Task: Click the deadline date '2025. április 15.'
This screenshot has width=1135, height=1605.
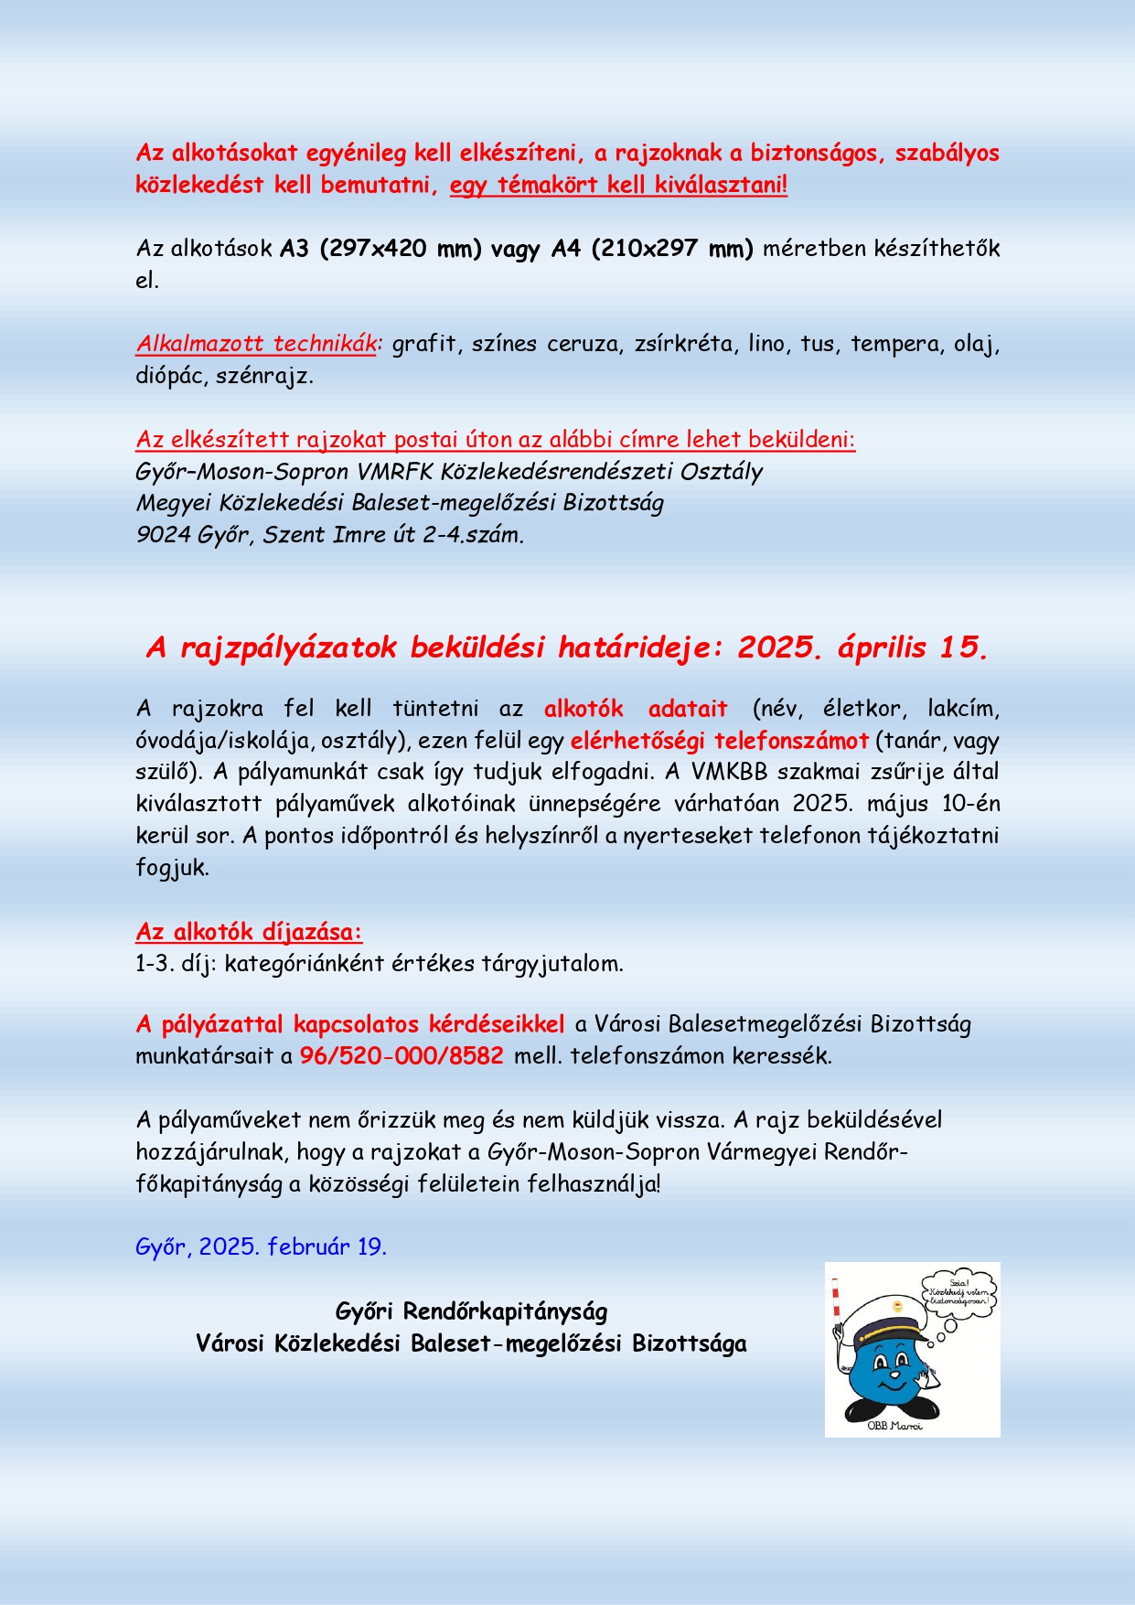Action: coord(862,647)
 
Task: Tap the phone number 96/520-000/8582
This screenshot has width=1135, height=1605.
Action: coord(402,1055)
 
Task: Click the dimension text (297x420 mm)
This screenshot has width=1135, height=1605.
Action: coord(400,249)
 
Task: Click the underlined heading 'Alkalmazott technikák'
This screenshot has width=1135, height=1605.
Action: coord(256,344)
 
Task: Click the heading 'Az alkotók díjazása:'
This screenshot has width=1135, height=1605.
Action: coord(249,932)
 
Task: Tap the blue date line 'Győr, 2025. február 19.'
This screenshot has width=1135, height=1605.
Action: coord(261,1247)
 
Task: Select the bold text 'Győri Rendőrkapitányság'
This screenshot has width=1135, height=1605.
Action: coord(471,1311)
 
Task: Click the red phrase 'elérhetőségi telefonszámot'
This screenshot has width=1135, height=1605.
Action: coord(719,740)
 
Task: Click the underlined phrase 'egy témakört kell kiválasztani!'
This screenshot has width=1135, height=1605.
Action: coord(618,186)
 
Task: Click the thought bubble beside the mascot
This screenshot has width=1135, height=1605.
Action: coord(958,1292)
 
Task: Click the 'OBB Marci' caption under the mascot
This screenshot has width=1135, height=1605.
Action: coord(894,1426)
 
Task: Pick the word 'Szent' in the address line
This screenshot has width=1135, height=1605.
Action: coord(294,535)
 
